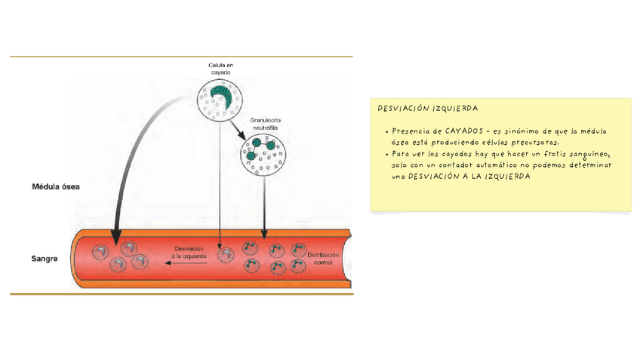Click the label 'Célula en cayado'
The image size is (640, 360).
220,69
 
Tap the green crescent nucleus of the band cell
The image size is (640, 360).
220,95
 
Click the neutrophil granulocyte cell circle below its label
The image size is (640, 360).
262,155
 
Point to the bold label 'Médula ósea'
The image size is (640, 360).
56,186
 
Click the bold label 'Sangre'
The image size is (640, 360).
44,259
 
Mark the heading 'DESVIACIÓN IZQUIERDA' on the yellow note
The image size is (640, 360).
428,109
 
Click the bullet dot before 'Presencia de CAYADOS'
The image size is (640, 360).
386,132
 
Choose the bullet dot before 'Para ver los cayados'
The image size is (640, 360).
386,154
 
